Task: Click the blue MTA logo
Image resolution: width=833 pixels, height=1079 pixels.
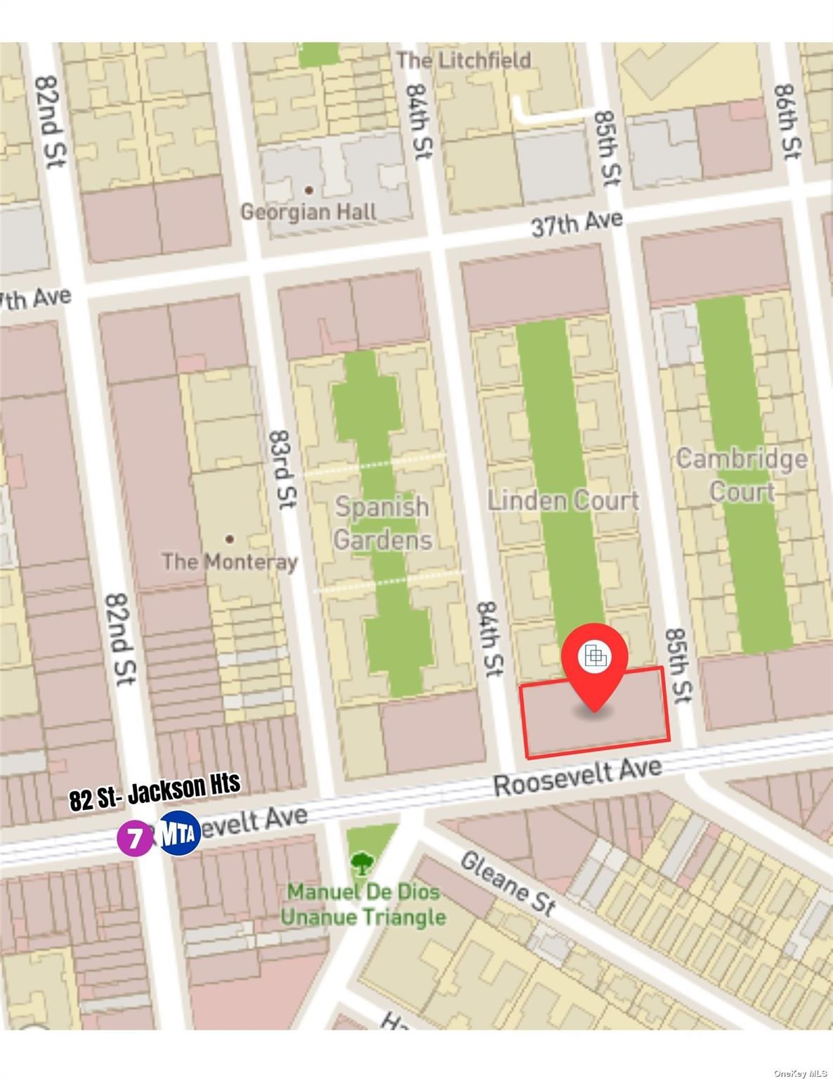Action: pos(180,832)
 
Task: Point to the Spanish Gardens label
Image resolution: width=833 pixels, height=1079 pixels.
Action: pos(382,523)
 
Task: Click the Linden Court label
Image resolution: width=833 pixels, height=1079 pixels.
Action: pos(563,500)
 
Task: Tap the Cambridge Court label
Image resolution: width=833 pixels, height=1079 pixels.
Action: pos(742,475)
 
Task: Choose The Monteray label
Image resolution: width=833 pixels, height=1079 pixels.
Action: pos(230,561)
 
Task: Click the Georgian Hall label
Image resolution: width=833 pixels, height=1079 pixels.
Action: pos(308,211)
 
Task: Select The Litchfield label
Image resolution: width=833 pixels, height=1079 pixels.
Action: pos(464,60)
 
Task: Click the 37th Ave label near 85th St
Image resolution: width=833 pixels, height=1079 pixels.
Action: pos(577,224)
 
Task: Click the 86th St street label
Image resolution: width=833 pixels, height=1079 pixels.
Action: pos(787,121)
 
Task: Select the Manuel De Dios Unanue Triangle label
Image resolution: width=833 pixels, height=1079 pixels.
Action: pos(364,905)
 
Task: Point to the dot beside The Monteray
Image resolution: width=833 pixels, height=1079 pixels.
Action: pos(230,539)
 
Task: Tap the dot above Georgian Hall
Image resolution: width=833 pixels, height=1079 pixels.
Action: pos(308,190)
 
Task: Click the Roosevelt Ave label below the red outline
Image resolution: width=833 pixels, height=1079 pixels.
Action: pos(577,776)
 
